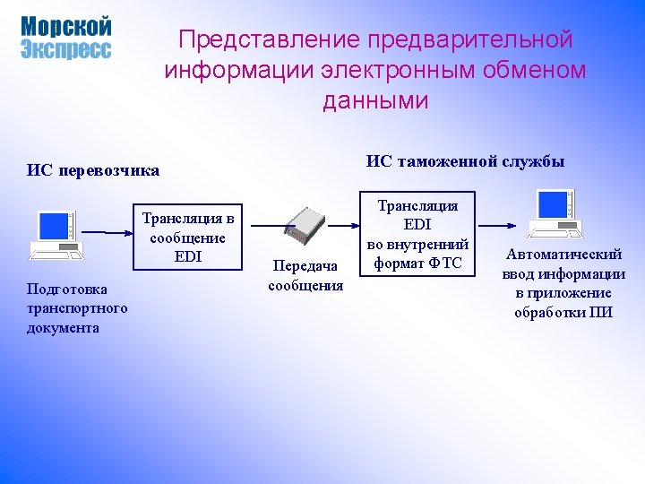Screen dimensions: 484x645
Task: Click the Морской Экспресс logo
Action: coord(65,38)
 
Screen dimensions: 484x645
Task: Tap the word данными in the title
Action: coord(375,101)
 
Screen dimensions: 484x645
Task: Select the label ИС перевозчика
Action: coord(93,169)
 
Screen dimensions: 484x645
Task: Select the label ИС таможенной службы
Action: coord(465,161)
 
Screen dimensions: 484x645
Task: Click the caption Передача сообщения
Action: coord(305,276)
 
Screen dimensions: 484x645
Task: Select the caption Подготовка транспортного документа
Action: coord(77,308)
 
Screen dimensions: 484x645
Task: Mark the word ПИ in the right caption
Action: coord(601,312)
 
